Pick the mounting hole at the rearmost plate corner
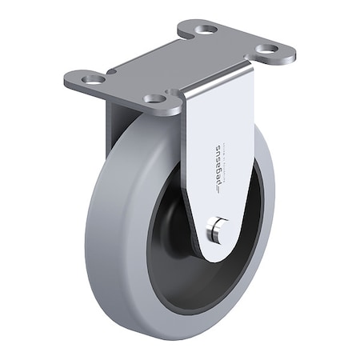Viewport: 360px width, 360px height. tap(206, 30)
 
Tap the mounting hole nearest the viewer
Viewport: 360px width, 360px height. tap(155, 99)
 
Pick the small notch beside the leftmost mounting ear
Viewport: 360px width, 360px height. tap(112, 72)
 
